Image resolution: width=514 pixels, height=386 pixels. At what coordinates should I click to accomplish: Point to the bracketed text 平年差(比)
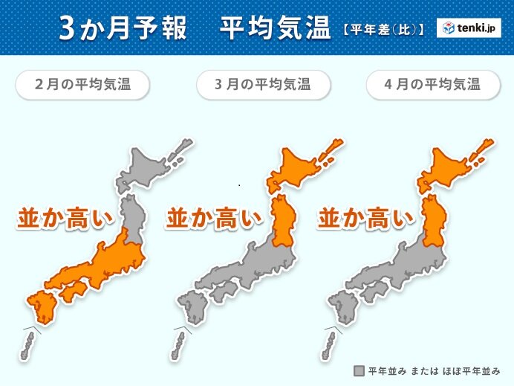pyautogui.click(x=383, y=30)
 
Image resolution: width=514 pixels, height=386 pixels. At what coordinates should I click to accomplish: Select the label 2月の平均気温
pyautogui.click(x=82, y=84)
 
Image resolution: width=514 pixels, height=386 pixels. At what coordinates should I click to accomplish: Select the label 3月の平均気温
pyautogui.click(x=253, y=84)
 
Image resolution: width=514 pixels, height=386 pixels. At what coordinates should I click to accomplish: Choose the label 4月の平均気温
pyautogui.click(x=423, y=84)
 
